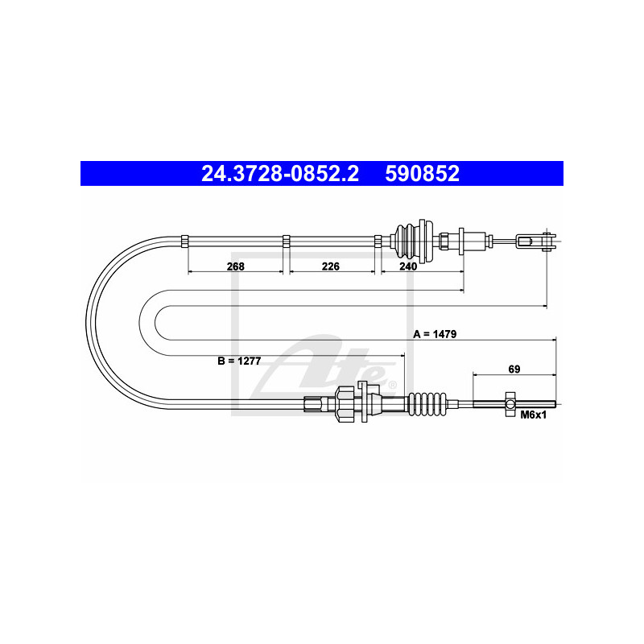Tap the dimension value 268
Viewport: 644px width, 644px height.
[x=234, y=266]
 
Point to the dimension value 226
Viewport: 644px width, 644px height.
[x=331, y=266]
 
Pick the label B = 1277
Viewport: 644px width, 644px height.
[x=239, y=361]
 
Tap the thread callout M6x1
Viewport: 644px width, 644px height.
[x=533, y=415]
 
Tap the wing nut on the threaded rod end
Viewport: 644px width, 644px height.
[x=510, y=404]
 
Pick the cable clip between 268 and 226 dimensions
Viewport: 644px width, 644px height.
[x=286, y=239]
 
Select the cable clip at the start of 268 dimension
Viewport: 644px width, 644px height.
[x=184, y=239]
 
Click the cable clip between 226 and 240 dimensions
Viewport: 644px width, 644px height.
[x=378, y=239]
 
